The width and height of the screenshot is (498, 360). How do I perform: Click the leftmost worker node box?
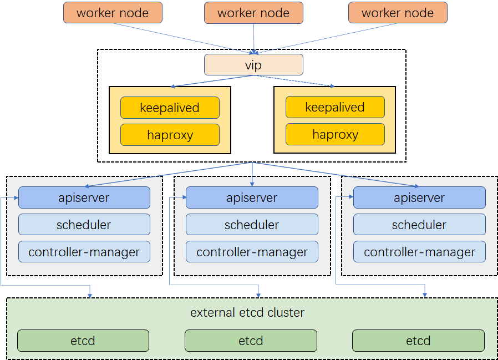pos(113,13)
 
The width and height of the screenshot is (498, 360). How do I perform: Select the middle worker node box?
pos(253,13)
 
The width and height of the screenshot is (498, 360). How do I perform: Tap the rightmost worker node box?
pos(398,13)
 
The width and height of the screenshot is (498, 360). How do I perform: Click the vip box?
pos(253,65)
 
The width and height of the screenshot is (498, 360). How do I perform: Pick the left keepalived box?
pos(170,108)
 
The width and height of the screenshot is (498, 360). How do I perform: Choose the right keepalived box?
pos(335,107)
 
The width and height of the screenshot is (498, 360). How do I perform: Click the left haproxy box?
pos(170,135)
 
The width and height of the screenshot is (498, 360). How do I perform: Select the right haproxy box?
pos(335,134)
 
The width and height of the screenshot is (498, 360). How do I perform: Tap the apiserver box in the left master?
pos(84,197)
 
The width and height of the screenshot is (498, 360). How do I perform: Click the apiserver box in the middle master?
pos(252,197)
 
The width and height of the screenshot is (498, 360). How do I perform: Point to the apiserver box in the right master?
pos(419,197)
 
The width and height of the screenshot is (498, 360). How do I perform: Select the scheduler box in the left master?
pos(84,225)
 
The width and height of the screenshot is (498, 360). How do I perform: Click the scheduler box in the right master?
pos(419,225)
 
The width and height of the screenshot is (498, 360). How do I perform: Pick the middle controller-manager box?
pos(252,252)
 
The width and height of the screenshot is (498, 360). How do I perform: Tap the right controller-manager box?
pos(419,252)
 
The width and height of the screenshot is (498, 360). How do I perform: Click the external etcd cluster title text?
pos(247,312)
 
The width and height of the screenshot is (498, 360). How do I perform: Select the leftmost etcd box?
pos(83,341)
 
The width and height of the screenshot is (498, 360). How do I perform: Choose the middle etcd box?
pos(251,341)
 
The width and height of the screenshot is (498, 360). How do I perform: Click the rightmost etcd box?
pos(418,341)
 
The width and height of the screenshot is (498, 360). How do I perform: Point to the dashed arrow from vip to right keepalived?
pos(297,81)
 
